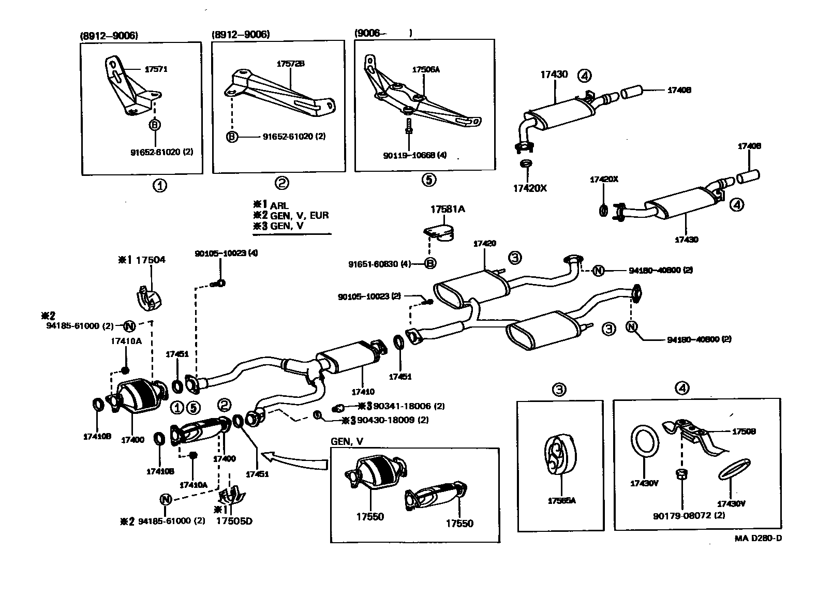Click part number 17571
tap(156, 69)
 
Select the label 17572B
tap(290, 64)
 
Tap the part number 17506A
tap(426, 69)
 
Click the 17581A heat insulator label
tap(448, 209)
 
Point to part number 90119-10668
tap(408, 155)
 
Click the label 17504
tap(150, 259)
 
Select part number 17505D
tap(234, 521)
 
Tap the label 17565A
tap(561, 501)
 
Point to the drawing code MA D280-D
tap(758, 538)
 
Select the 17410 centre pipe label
tap(362, 392)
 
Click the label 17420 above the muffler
tap(484, 243)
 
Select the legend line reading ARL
tap(279, 205)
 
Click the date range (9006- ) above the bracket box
tap(383, 33)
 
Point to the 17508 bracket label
tap(743, 431)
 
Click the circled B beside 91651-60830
tap(430, 264)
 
